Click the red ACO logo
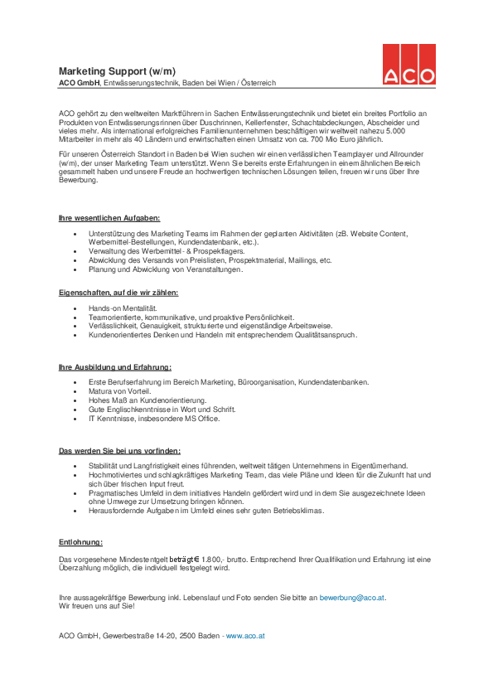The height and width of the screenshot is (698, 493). coord(408,64)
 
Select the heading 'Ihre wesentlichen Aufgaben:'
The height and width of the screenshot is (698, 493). coord(103,217)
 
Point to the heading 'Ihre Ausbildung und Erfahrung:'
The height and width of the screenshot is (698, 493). coord(114,366)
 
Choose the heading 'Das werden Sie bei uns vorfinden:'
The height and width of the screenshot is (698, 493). coord(119,450)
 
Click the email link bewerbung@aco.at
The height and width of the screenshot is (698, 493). coord(352,598)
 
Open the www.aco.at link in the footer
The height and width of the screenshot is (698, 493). coord(244,635)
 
